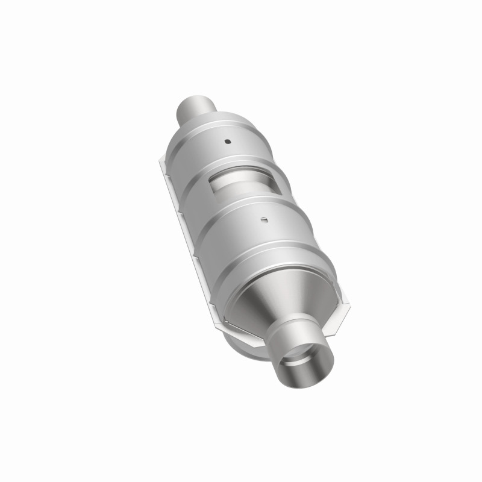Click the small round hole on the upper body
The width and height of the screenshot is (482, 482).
[x=228, y=142]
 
